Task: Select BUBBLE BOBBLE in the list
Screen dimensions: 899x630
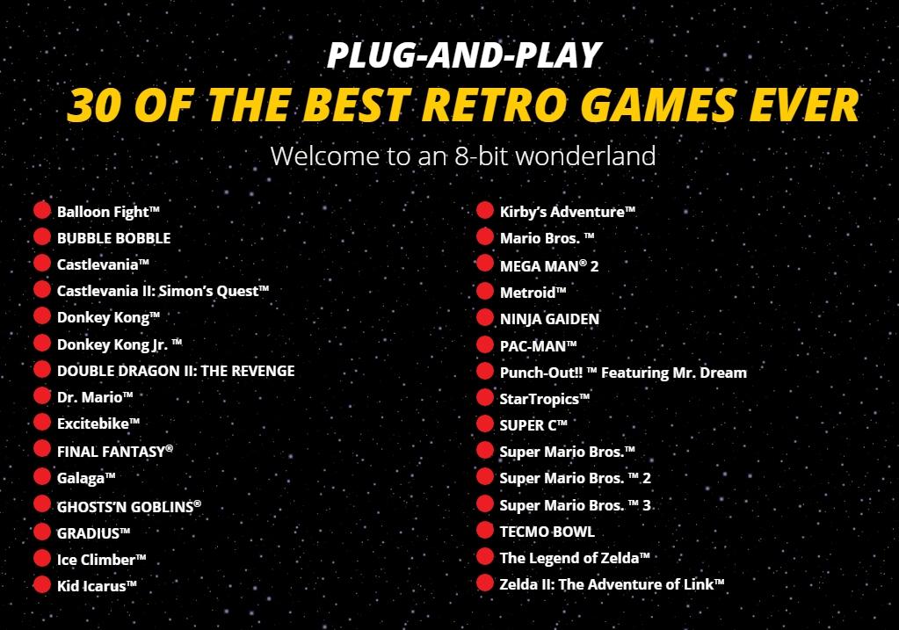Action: point(113,238)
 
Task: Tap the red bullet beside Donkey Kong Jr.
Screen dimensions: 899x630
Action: point(42,343)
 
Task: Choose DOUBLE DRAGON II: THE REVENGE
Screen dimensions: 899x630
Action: point(176,371)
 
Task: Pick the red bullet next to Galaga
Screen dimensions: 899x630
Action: point(42,476)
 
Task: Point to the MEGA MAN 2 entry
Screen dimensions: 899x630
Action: point(548,266)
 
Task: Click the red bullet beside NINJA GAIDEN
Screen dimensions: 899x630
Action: point(485,317)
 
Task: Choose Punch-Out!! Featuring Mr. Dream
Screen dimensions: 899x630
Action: point(623,373)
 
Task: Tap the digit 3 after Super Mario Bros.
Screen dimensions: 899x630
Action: point(647,505)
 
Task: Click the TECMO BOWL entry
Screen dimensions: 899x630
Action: point(547,532)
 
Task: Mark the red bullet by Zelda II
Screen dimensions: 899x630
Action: point(485,583)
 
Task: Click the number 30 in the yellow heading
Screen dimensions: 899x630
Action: point(96,105)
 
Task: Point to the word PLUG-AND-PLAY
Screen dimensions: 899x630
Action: point(464,55)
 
